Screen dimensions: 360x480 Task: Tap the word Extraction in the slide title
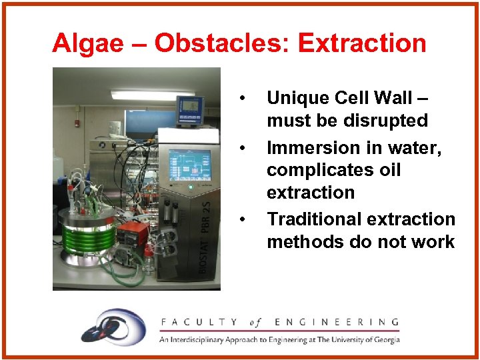coord(362,43)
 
